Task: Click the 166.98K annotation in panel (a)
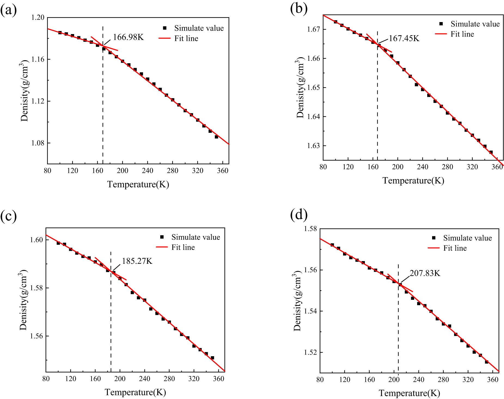(x=128, y=37)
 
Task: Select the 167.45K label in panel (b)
(x=404, y=38)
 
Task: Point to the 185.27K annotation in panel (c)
(x=137, y=261)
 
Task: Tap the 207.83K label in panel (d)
(x=425, y=273)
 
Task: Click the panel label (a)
(x=8, y=10)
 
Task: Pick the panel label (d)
(x=299, y=214)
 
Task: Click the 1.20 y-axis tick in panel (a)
(x=38, y=18)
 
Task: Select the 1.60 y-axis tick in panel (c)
(x=36, y=240)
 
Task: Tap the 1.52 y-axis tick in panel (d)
(x=310, y=352)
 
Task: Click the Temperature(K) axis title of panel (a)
(x=138, y=185)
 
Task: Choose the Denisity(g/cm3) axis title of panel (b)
(x=300, y=87)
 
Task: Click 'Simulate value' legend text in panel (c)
(x=196, y=237)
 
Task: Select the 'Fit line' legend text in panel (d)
(x=455, y=248)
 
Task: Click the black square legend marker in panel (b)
(x=441, y=24)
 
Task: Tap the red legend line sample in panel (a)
(x=164, y=38)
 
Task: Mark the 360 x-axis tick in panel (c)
(x=218, y=379)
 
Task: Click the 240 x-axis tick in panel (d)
(x=419, y=380)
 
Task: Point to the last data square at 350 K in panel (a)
(x=216, y=137)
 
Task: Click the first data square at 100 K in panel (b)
(x=335, y=22)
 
